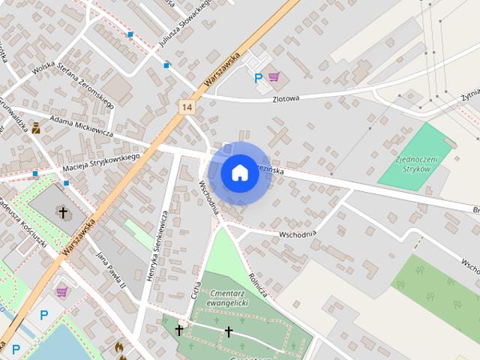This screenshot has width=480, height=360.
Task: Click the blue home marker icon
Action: (x=239, y=172)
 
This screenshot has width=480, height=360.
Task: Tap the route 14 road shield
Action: (x=187, y=107)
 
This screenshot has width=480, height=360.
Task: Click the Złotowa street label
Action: (x=286, y=98)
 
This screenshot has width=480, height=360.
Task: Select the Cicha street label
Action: (x=196, y=289)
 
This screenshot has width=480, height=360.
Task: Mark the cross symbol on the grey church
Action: (x=64, y=213)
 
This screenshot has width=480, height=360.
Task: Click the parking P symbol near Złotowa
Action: (x=259, y=77)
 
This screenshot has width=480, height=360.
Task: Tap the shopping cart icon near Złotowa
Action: (x=274, y=76)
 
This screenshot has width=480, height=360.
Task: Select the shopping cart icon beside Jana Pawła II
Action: (x=61, y=291)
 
